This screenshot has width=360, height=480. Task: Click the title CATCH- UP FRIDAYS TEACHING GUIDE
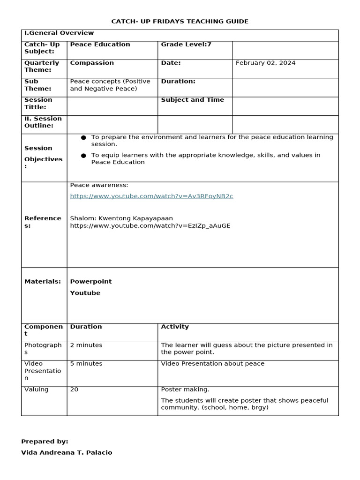pos(180,22)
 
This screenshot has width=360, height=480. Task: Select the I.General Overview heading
pos(59,33)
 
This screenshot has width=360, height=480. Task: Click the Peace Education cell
pos(100,44)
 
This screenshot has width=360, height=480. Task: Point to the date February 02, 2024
pos(265,63)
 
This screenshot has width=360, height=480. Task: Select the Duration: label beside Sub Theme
pos(178,81)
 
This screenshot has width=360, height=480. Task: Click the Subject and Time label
pos(192,100)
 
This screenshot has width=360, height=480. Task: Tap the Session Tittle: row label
pos(38,104)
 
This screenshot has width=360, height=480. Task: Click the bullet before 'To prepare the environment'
pos(83,137)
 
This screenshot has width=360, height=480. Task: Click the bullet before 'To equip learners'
pos(83,155)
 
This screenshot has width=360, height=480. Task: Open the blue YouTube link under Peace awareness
pos(151,196)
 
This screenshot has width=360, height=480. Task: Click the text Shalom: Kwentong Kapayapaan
pos(121,218)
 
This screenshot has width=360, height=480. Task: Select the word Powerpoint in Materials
pos(91,282)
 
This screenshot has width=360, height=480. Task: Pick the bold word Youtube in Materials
pos(85,293)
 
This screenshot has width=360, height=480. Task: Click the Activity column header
pos(175,327)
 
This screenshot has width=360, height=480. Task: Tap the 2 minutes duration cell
pos(86,345)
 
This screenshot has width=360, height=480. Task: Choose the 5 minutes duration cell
pos(86,364)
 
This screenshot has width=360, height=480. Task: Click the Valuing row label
pos(37,390)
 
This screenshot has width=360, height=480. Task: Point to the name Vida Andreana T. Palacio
pos(67,453)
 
